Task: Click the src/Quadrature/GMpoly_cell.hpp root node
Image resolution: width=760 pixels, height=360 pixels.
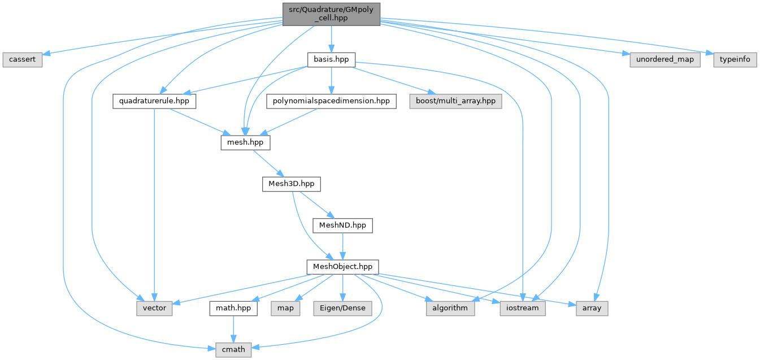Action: (331, 14)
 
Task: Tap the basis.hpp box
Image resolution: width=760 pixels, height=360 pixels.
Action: (331, 59)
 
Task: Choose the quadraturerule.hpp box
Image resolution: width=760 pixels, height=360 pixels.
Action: (154, 101)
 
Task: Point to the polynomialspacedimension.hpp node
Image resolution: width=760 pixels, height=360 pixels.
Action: (331, 101)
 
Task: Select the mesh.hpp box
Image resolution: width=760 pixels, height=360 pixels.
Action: (245, 142)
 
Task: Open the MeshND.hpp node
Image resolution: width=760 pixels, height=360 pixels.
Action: (343, 225)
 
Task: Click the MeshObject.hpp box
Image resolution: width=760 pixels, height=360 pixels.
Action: (342, 266)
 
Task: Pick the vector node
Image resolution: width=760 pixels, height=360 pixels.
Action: (154, 308)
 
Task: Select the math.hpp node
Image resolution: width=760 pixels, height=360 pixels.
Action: (233, 308)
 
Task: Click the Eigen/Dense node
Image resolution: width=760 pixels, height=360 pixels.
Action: (342, 308)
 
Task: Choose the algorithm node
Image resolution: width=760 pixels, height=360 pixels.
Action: (450, 308)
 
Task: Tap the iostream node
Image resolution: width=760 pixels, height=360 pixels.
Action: (523, 308)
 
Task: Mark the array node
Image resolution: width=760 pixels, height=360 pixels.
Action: (592, 308)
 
